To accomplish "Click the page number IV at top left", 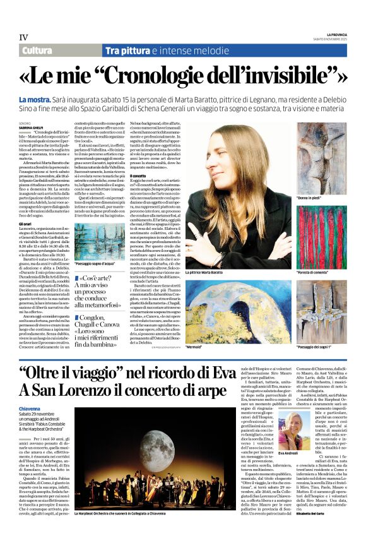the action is (x=23, y=37).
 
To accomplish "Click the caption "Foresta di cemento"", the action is (x=317, y=272).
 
